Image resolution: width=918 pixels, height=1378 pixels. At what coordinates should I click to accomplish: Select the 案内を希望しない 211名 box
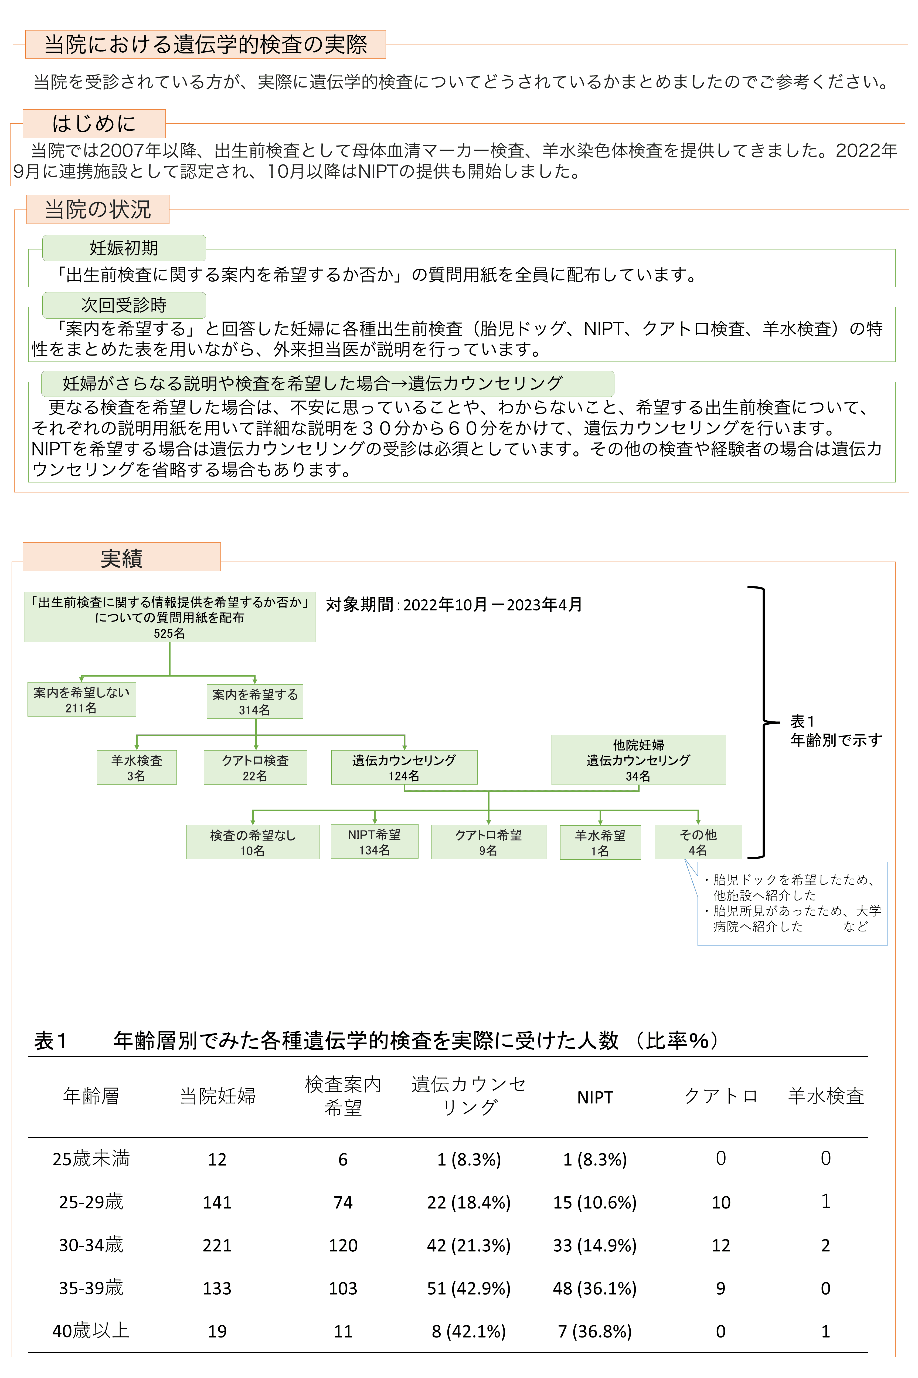point(81,699)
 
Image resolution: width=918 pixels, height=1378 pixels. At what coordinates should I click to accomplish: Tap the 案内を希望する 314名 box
point(255,702)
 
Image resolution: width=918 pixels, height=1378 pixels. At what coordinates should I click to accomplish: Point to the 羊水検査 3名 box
point(137,767)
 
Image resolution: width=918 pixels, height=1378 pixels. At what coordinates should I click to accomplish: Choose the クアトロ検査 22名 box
point(255,767)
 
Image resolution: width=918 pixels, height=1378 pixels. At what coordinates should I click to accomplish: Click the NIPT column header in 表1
point(595,1097)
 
